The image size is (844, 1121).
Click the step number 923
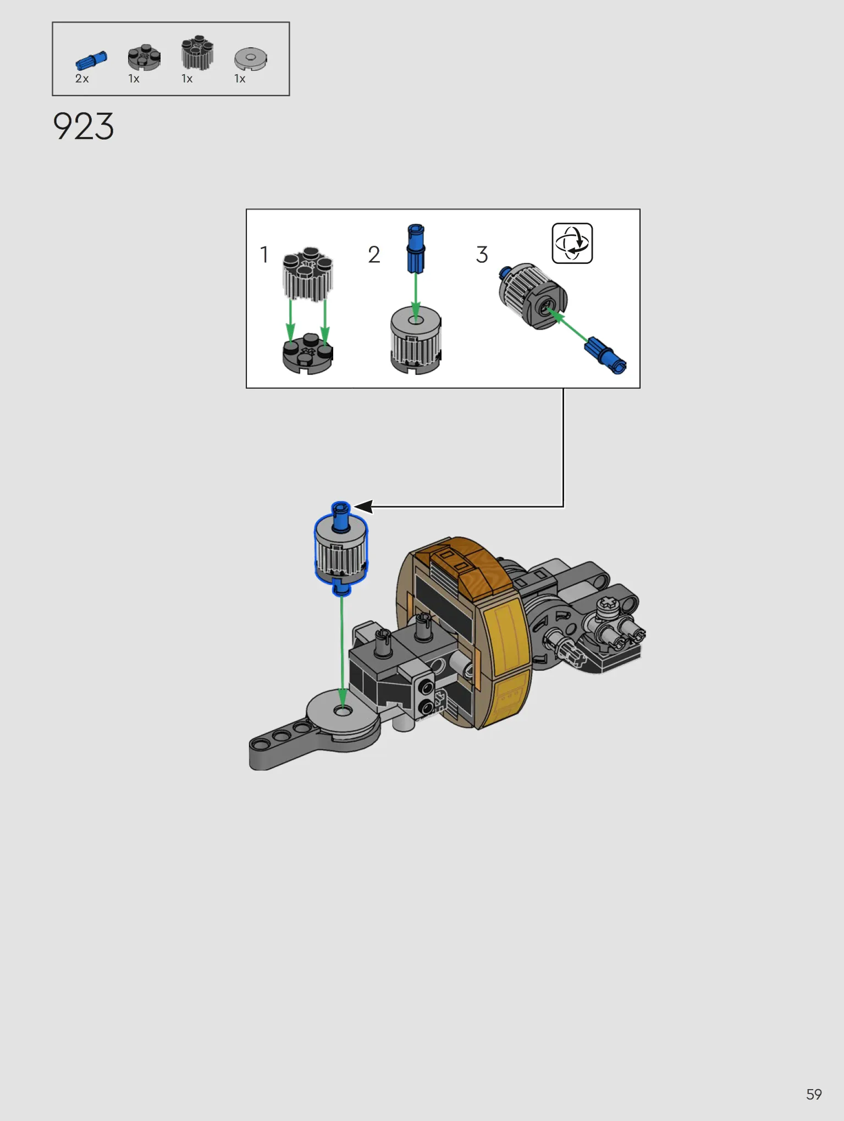coord(84,126)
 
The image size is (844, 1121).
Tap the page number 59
coord(814,1094)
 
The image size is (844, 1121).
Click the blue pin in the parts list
coord(91,60)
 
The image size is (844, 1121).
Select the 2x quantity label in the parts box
coord(82,79)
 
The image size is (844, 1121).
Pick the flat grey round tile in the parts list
coord(251,58)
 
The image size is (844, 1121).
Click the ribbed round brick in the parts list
coord(197,53)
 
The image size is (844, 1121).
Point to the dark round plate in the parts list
coord(144,57)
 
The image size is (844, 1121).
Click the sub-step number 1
coord(264,255)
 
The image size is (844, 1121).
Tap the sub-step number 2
coord(374,255)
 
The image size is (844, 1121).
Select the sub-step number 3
coord(482,255)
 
